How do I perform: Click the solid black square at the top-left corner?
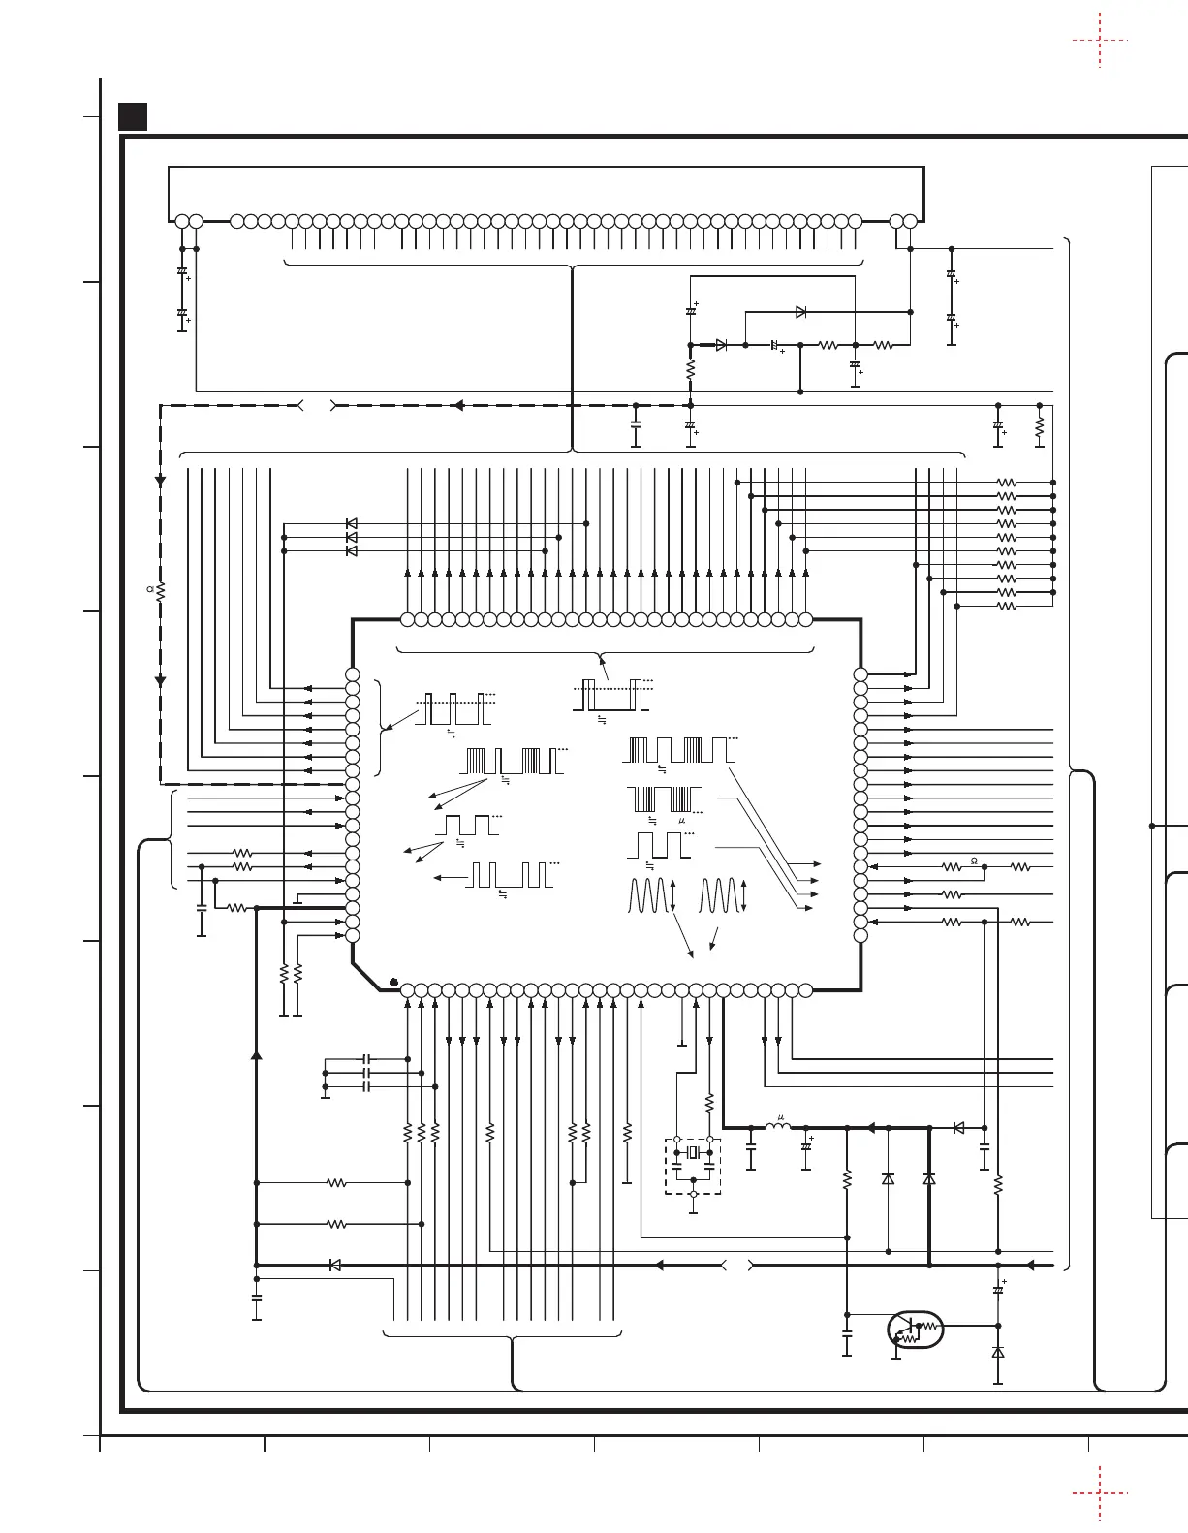(132, 117)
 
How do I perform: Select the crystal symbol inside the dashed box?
(692, 1153)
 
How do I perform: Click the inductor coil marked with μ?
(777, 1126)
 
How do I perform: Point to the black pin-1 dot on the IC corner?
(393, 983)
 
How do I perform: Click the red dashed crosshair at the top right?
(1100, 41)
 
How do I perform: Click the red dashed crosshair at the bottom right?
(1101, 1492)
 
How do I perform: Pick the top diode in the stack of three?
(352, 524)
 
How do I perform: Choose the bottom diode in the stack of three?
(352, 551)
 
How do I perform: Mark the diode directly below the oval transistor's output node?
(998, 1352)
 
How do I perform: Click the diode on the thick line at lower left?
(335, 1265)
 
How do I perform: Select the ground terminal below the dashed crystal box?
(693, 1209)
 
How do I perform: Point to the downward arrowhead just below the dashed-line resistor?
(161, 681)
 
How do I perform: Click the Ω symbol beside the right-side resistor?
(973, 860)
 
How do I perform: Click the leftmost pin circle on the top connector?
(182, 221)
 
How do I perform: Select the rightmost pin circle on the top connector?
(910, 221)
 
